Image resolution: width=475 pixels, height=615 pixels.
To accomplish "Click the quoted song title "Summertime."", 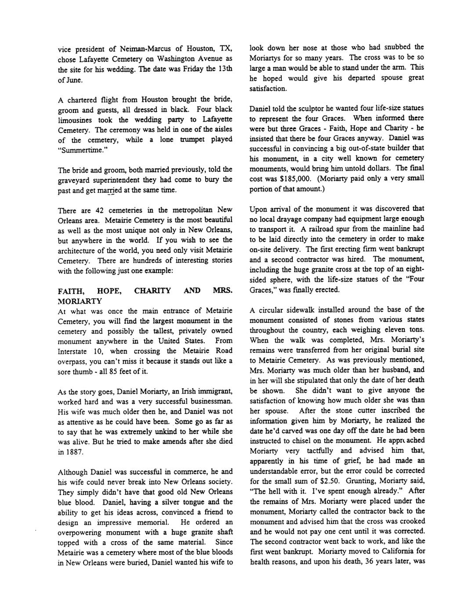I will click(x=77, y=150).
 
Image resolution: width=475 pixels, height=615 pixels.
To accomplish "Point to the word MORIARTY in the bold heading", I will click(x=80, y=301).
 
